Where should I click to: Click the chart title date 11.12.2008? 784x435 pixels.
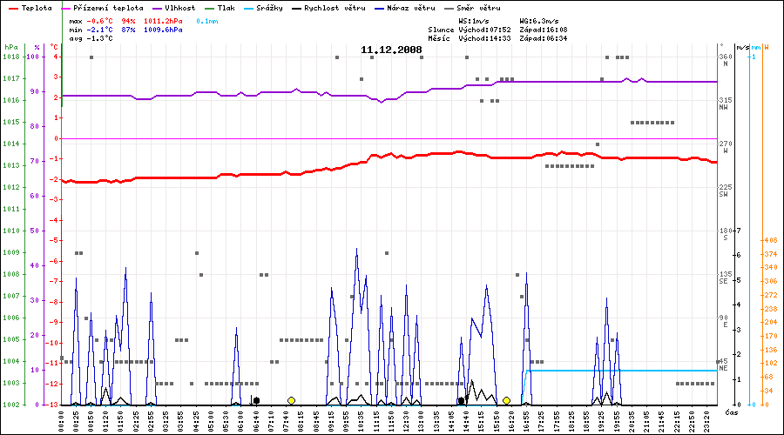click(x=391, y=50)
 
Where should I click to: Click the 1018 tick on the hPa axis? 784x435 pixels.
click(x=10, y=57)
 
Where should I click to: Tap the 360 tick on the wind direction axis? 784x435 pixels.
click(x=725, y=57)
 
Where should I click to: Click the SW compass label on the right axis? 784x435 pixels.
click(x=724, y=194)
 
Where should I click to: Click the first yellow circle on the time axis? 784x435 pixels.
click(x=291, y=400)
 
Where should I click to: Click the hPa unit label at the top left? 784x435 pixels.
click(x=10, y=47)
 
